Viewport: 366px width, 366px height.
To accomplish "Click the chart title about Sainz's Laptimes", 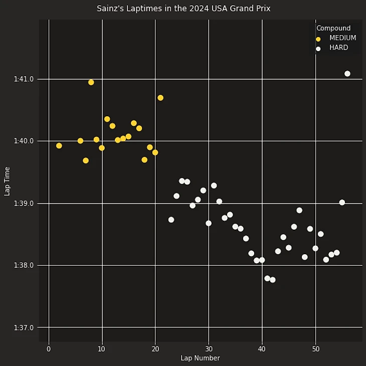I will click(183, 9).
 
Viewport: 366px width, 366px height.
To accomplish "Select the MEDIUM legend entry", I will click(342, 38).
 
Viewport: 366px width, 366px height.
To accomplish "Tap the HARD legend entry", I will click(338, 48).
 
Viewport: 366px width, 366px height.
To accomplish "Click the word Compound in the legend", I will click(333, 28).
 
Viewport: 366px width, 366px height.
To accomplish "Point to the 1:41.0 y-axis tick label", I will click(24, 79).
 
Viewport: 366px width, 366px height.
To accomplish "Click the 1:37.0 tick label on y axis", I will click(24, 327).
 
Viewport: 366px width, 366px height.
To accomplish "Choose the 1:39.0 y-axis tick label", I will click(24, 203).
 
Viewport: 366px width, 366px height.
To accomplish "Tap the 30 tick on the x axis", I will click(209, 349).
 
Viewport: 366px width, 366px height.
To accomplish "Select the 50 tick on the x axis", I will click(315, 349).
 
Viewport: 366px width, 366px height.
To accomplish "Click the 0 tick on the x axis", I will click(49, 349).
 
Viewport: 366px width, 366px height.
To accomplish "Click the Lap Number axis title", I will click(200, 358).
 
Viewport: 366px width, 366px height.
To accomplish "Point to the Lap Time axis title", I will click(7, 181).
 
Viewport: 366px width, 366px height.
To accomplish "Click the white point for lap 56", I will click(347, 74).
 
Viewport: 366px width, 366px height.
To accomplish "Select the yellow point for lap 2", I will click(59, 146).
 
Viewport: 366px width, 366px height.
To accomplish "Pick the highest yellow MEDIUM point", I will click(91, 82).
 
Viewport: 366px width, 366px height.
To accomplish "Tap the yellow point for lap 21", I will click(160, 98).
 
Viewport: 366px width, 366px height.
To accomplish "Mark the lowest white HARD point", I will click(273, 280).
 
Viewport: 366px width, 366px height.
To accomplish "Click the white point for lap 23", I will click(171, 220).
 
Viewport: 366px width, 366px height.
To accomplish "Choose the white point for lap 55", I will click(342, 203).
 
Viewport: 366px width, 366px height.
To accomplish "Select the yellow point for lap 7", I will click(86, 160).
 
